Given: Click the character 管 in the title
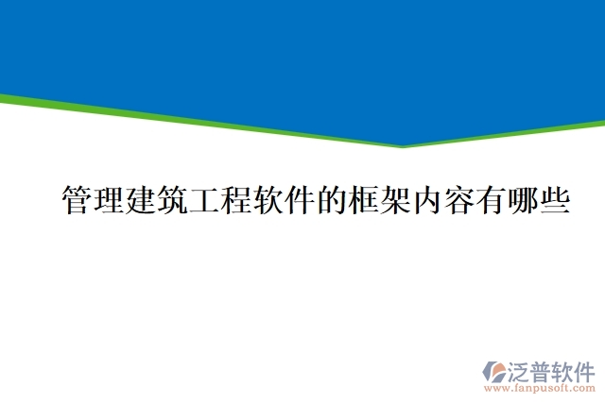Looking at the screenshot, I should click(x=78, y=201).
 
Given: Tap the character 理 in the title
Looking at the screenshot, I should click(x=110, y=201).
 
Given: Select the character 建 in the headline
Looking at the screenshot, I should click(x=142, y=201).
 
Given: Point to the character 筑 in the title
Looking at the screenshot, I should click(x=174, y=201).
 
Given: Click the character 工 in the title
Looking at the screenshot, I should click(x=205, y=201).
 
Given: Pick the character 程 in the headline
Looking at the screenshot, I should click(x=237, y=201).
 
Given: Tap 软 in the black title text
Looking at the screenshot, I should click(x=269, y=201).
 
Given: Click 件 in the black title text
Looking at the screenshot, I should click(x=301, y=201).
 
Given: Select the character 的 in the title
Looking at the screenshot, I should click(x=333, y=201).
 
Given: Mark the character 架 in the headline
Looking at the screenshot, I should click(x=396, y=201).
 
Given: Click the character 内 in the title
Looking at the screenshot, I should click(x=428, y=201).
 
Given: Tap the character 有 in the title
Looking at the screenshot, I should click(x=492, y=201).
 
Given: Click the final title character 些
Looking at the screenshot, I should click(x=555, y=201).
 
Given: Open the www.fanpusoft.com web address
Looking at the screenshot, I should click(x=540, y=387).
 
